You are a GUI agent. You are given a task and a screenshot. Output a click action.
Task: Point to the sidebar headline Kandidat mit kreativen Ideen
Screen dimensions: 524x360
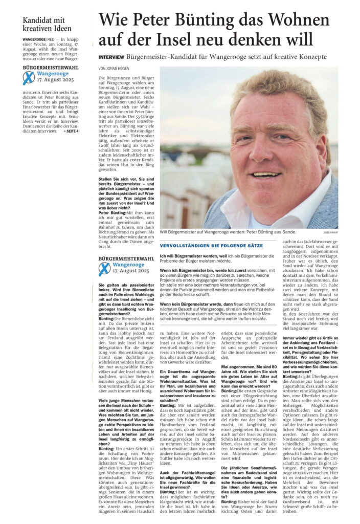[x=47, y=24]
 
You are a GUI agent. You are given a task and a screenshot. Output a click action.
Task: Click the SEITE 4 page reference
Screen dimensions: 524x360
[x=72, y=131]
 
